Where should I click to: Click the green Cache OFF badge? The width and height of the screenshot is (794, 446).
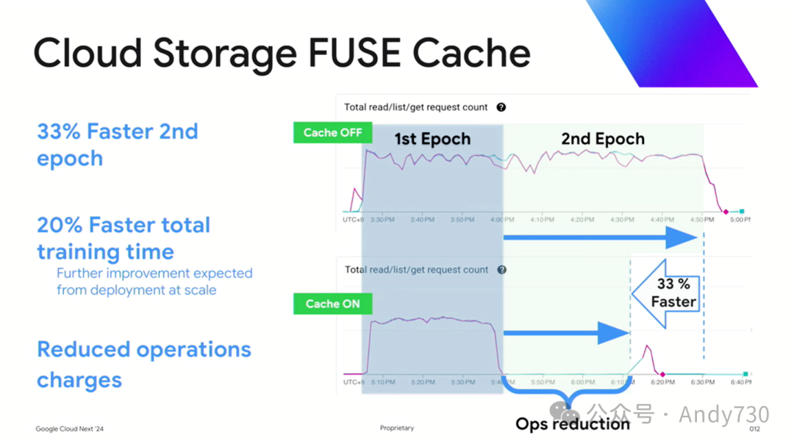click(333, 133)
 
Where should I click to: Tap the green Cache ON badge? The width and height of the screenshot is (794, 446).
click(332, 303)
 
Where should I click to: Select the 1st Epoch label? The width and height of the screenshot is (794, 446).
click(432, 139)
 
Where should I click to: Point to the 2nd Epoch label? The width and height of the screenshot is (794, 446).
click(603, 139)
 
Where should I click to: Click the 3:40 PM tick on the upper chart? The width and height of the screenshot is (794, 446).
click(421, 220)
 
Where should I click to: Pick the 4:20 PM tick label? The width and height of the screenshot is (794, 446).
click(582, 220)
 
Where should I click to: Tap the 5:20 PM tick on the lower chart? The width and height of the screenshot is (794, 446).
click(423, 382)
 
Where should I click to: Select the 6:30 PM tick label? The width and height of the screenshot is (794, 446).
click(703, 382)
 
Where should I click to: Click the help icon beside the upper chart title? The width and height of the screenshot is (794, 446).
click(501, 107)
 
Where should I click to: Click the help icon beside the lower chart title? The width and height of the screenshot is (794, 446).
click(501, 270)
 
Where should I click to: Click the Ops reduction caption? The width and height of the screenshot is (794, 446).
click(573, 424)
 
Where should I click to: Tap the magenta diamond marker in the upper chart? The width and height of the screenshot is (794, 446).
click(726, 212)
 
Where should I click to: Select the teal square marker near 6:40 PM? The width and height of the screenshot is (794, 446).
click(745, 374)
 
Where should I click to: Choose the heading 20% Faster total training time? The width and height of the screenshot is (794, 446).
click(124, 238)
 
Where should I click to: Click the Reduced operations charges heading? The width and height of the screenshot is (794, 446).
click(144, 364)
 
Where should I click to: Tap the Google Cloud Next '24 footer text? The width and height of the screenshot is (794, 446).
click(70, 428)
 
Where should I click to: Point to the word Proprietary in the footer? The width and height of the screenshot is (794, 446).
click(397, 428)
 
